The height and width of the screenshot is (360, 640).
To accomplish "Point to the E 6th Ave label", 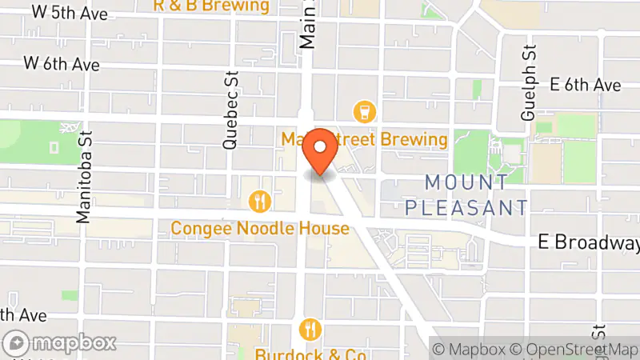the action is pos(586,84).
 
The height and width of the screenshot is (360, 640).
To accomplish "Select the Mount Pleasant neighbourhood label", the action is pos(466,195).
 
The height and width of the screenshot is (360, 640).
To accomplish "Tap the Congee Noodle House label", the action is pos(260,229).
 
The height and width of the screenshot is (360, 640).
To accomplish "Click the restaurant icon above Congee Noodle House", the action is pos(259,202).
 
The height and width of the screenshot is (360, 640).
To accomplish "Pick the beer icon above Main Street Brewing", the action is pos(365,111).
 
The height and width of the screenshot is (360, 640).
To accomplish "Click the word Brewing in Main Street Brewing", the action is pos(414,140).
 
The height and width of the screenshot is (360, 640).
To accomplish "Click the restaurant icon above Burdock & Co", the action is pos(310,329).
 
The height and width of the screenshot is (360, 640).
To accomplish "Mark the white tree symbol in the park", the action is pos(68,128).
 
